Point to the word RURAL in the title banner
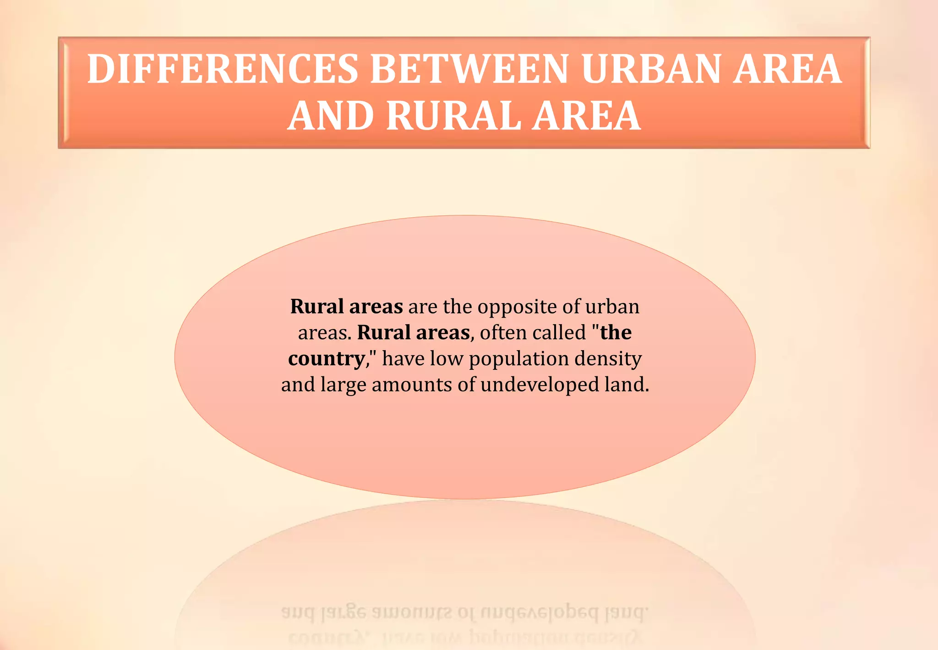(x=453, y=116)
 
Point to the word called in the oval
(x=559, y=332)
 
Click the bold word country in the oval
(x=327, y=359)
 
